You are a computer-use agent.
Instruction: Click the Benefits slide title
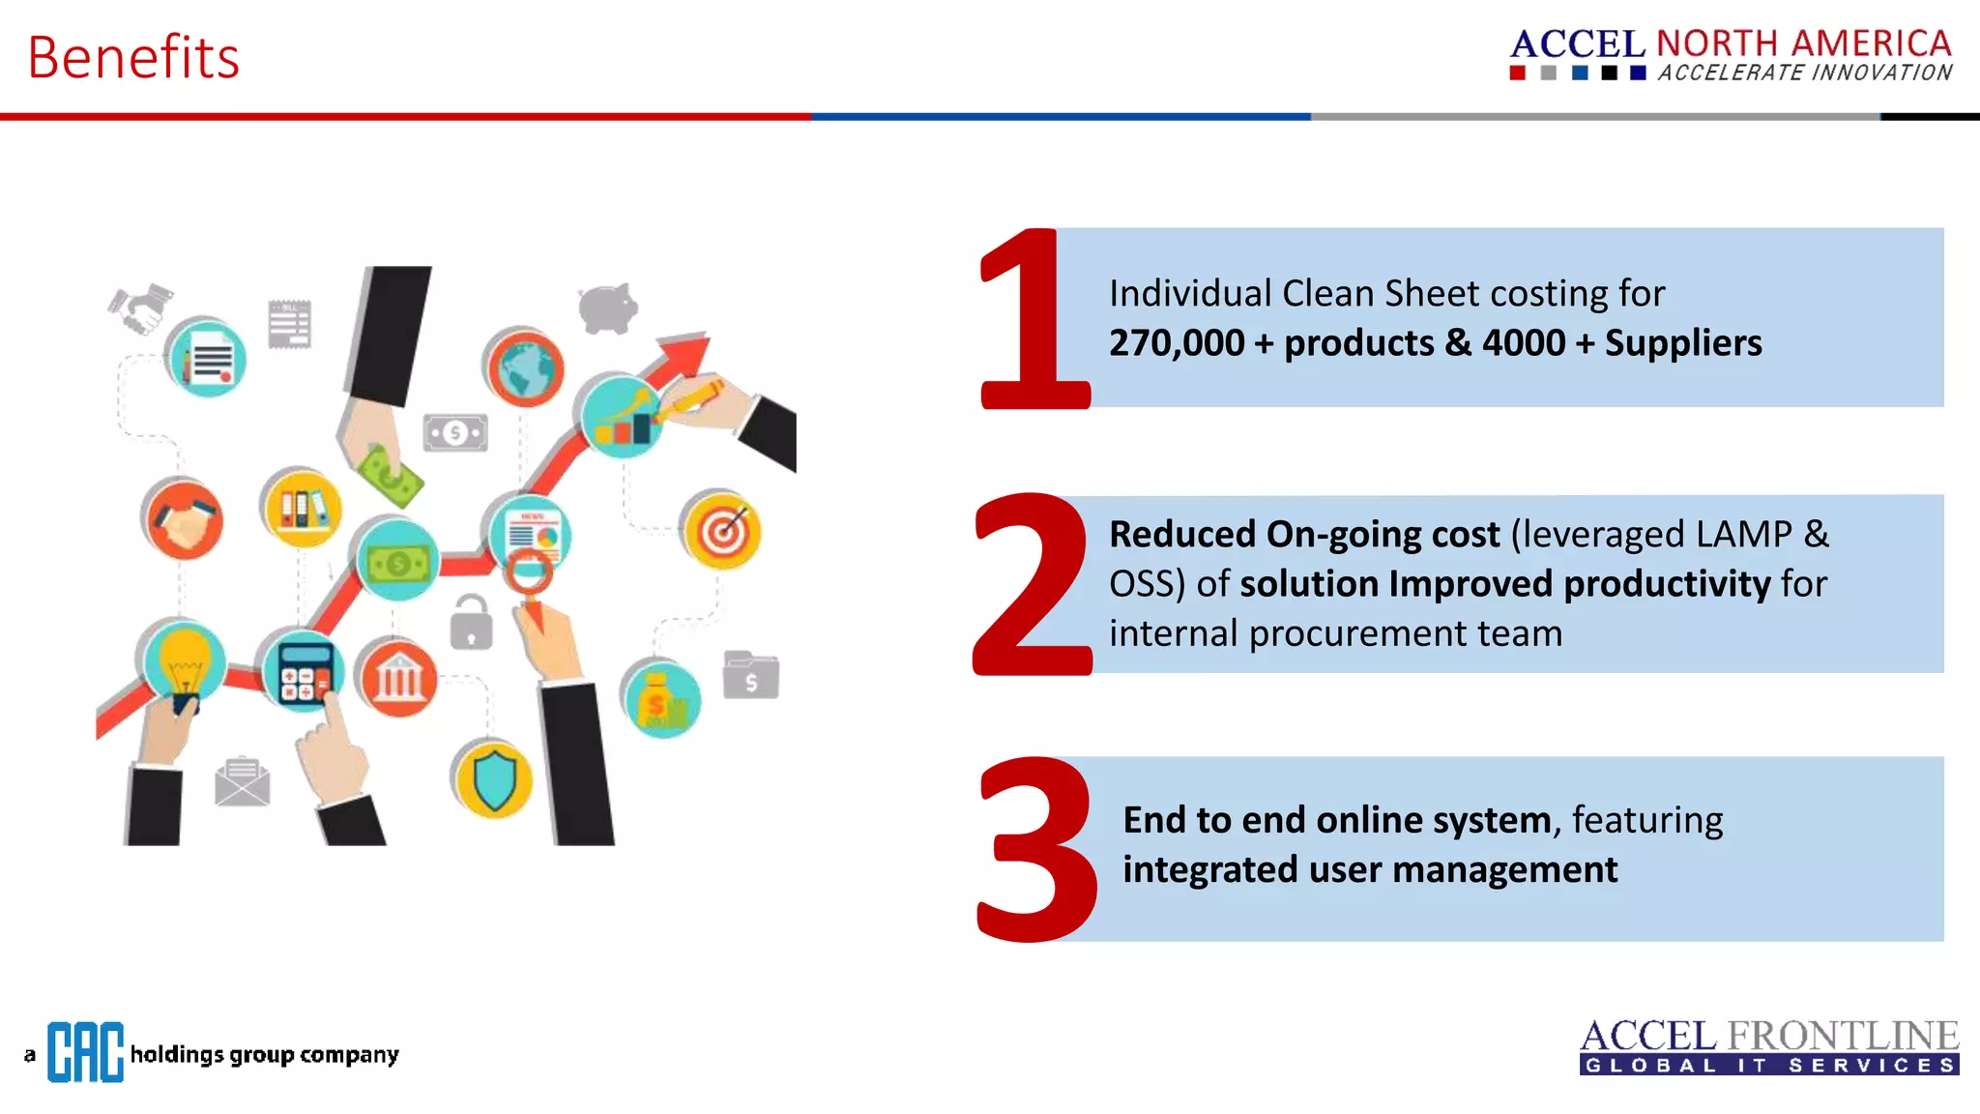133,57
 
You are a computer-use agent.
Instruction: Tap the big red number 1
1033,319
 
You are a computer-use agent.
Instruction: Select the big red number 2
1033,585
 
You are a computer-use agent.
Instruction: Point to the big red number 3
1036,849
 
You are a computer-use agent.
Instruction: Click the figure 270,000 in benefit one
1176,343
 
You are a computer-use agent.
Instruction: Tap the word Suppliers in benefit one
1682,343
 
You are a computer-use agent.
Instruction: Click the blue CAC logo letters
85,1052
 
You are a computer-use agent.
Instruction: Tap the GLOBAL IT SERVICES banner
1769,1066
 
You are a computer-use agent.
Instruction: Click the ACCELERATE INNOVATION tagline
1805,73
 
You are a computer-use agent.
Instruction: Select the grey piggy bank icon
608,308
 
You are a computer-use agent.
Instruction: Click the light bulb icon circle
184,661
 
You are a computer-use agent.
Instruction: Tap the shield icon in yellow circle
494,778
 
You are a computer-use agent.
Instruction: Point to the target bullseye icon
722,530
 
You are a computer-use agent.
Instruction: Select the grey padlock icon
471,622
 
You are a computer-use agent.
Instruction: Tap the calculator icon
304,670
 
